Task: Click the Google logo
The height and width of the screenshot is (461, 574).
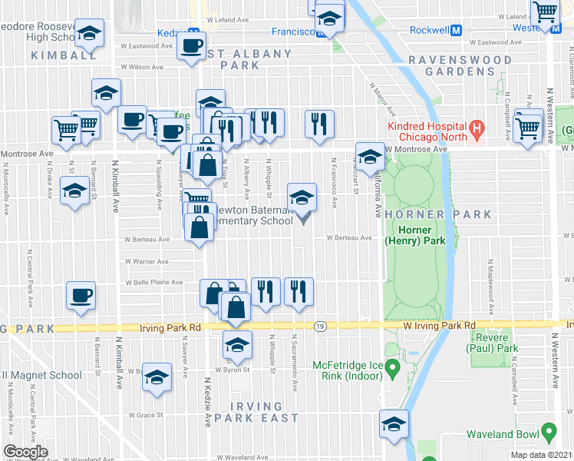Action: coord(25,452)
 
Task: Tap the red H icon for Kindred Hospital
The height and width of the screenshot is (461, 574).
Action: coord(477,128)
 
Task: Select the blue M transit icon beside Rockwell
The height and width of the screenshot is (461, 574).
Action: coord(456,32)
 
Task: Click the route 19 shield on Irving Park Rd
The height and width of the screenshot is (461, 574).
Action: coord(320,327)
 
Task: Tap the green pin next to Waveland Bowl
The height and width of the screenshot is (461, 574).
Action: coord(548,430)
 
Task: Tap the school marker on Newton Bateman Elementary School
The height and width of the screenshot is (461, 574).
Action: coord(302,197)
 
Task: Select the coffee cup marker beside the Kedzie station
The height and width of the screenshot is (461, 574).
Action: coord(191,44)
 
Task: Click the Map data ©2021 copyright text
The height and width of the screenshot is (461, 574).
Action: coord(541,455)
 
